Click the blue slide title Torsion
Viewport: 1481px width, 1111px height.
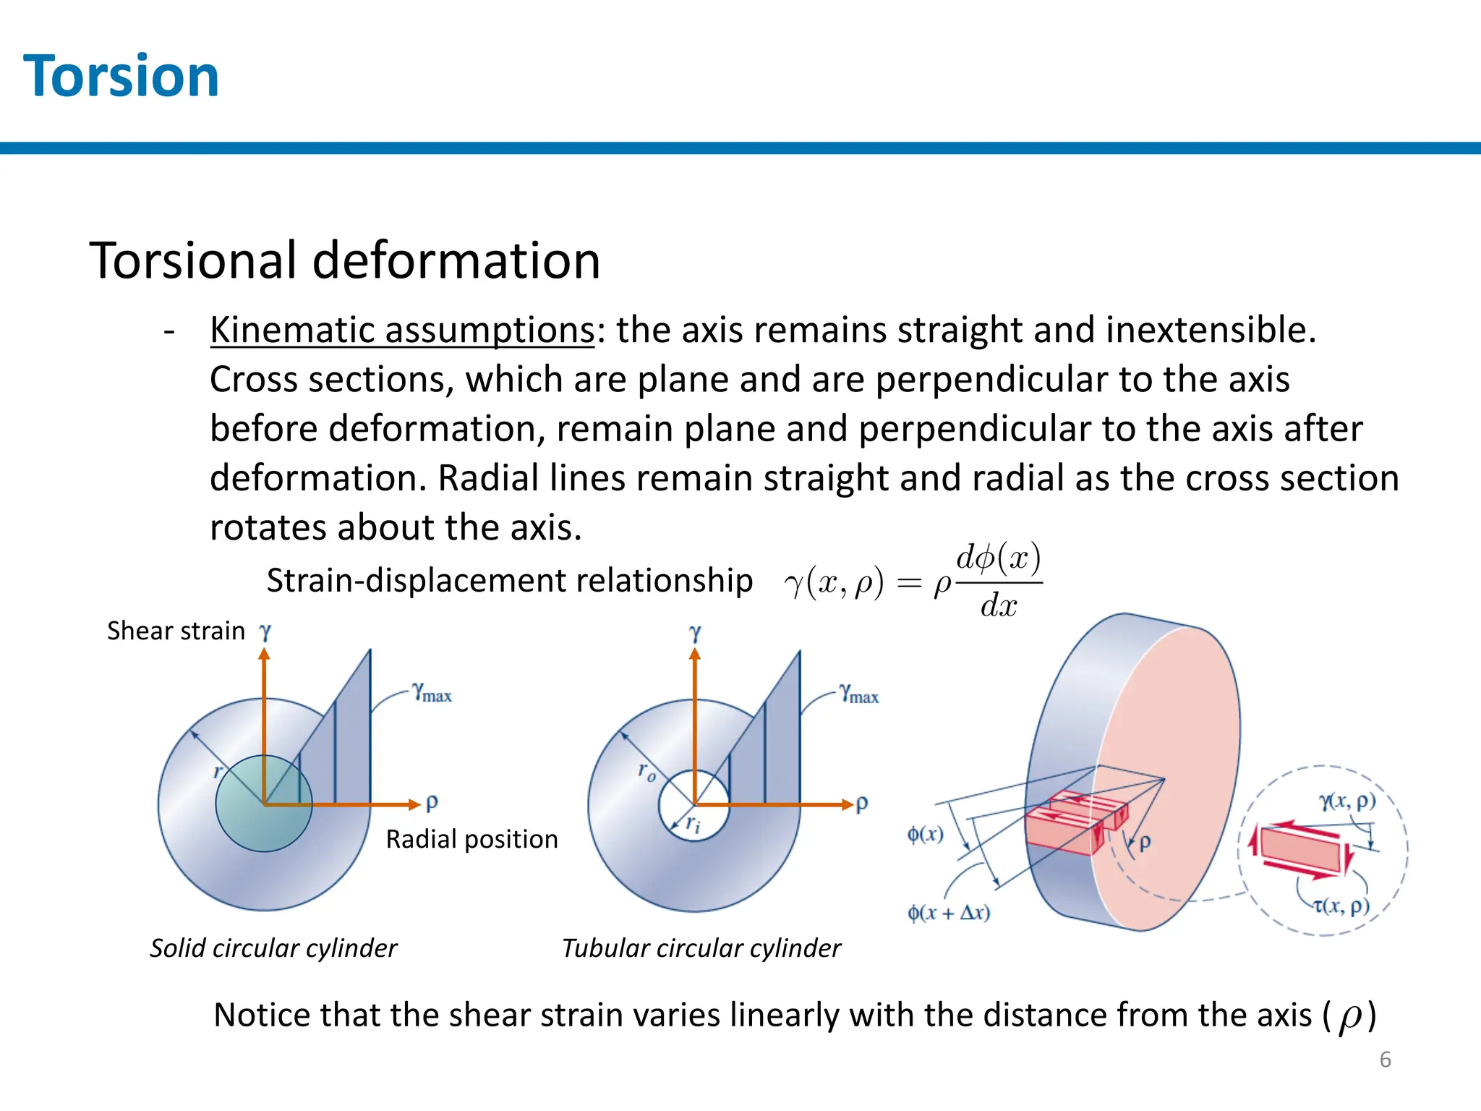pyautogui.click(x=121, y=77)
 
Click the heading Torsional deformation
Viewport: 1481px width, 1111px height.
pyautogui.click(x=345, y=260)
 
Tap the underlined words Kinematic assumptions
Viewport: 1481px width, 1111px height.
pyautogui.click(x=402, y=331)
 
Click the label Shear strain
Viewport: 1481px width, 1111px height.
pyautogui.click(x=176, y=631)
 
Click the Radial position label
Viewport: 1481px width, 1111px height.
pyautogui.click(x=471, y=839)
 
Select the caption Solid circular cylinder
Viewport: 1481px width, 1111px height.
pyautogui.click(x=273, y=948)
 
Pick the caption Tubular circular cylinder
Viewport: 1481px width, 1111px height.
pyautogui.click(x=701, y=948)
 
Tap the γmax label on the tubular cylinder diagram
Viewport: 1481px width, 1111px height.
pyautogui.click(x=859, y=694)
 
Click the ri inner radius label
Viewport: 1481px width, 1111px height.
pyautogui.click(x=693, y=823)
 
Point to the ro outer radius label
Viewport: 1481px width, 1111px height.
pyautogui.click(x=646, y=771)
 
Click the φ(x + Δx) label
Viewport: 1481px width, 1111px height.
pyautogui.click(x=949, y=912)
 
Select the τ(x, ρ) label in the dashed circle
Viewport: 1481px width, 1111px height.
pyautogui.click(x=1341, y=906)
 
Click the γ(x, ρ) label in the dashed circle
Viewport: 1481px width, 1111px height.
pyautogui.click(x=1347, y=801)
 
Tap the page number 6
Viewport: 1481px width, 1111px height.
pyautogui.click(x=1385, y=1060)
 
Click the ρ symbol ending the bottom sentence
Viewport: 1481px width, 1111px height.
pyautogui.click(x=1349, y=1016)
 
